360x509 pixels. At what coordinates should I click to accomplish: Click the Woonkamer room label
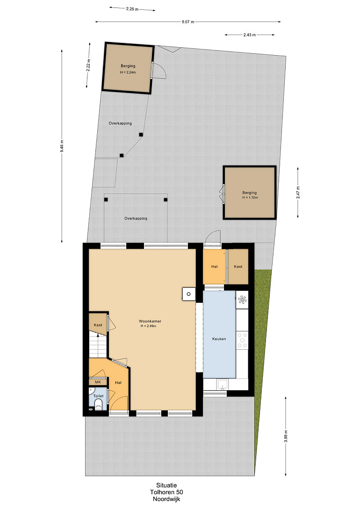(x=150, y=322)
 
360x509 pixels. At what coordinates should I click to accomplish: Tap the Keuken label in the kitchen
(x=219, y=339)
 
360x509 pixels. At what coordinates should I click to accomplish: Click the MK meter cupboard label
(x=98, y=382)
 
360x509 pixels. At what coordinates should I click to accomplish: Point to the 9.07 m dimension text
(x=188, y=22)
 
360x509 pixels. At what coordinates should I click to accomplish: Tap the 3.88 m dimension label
(x=286, y=436)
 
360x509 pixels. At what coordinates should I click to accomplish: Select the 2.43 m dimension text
(x=250, y=35)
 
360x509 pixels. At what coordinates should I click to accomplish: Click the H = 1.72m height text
(x=250, y=197)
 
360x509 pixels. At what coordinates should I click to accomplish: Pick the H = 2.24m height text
(x=128, y=72)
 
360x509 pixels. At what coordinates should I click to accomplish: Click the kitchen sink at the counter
(x=222, y=384)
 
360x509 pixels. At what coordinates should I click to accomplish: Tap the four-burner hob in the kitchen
(x=242, y=340)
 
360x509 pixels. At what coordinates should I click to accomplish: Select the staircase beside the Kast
(x=98, y=345)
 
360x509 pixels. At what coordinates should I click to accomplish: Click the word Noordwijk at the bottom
(x=166, y=499)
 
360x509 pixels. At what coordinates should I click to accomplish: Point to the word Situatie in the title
(x=166, y=486)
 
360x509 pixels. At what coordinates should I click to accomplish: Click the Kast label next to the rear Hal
(x=238, y=267)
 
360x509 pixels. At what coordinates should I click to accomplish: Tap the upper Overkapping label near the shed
(x=120, y=123)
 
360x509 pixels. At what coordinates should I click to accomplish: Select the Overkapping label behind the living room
(x=136, y=218)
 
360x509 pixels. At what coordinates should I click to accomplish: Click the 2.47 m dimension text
(x=298, y=192)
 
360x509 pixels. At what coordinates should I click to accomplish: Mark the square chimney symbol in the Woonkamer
(x=188, y=294)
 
